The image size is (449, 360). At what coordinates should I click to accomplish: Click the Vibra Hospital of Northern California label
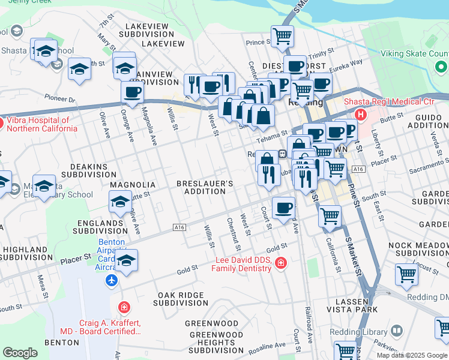[41, 124]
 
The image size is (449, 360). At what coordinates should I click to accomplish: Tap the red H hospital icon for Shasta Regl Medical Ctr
[361, 114]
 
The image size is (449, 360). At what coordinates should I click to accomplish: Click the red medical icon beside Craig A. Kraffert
[124, 307]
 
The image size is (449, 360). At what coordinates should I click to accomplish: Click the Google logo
[20, 353]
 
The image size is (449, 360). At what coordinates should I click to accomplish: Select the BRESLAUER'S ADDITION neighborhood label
[205, 187]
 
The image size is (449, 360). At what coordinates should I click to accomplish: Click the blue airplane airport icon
[111, 280]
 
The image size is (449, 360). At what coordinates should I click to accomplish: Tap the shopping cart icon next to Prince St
[282, 35]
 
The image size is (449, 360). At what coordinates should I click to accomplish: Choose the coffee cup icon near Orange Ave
[132, 92]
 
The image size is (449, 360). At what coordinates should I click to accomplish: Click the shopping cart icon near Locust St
[406, 274]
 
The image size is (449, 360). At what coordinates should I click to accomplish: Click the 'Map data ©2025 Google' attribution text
[411, 355]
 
